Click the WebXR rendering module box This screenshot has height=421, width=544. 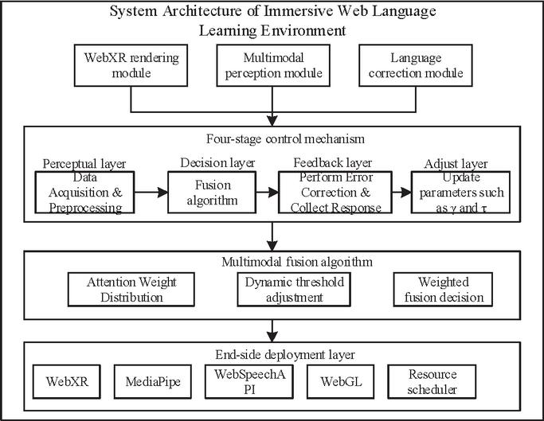click(x=131, y=65)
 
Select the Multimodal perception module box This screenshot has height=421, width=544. click(x=273, y=65)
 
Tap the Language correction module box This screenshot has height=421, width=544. click(x=415, y=65)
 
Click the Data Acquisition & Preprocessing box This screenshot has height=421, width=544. click(x=84, y=192)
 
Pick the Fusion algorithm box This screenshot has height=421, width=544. click(x=212, y=192)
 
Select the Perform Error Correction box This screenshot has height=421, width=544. click(x=335, y=192)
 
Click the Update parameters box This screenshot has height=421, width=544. click(x=460, y=192)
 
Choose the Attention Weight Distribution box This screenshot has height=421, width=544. click(x=131, y=289)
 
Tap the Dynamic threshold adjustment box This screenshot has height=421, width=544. click(x=294, y=289)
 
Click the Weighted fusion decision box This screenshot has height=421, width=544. click(x=443, y=289)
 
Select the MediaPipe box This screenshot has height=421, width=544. click(x=153, y=381)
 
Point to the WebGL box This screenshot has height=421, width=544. click(x=341, y=381)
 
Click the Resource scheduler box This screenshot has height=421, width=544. click(x=432, y=381)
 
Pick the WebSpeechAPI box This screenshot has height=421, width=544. click(x=249, y=381)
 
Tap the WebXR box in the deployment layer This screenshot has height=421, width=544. click(x=67, y=381)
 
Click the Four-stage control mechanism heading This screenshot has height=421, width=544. click(x=285, y=139)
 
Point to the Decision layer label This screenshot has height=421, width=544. click(x=217, y=162)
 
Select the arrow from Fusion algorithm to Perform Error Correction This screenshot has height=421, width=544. click(x=268, y=192)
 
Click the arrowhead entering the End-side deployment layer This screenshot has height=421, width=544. click(x=272, y=337)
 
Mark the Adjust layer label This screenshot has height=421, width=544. click(x=456, y=164)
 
